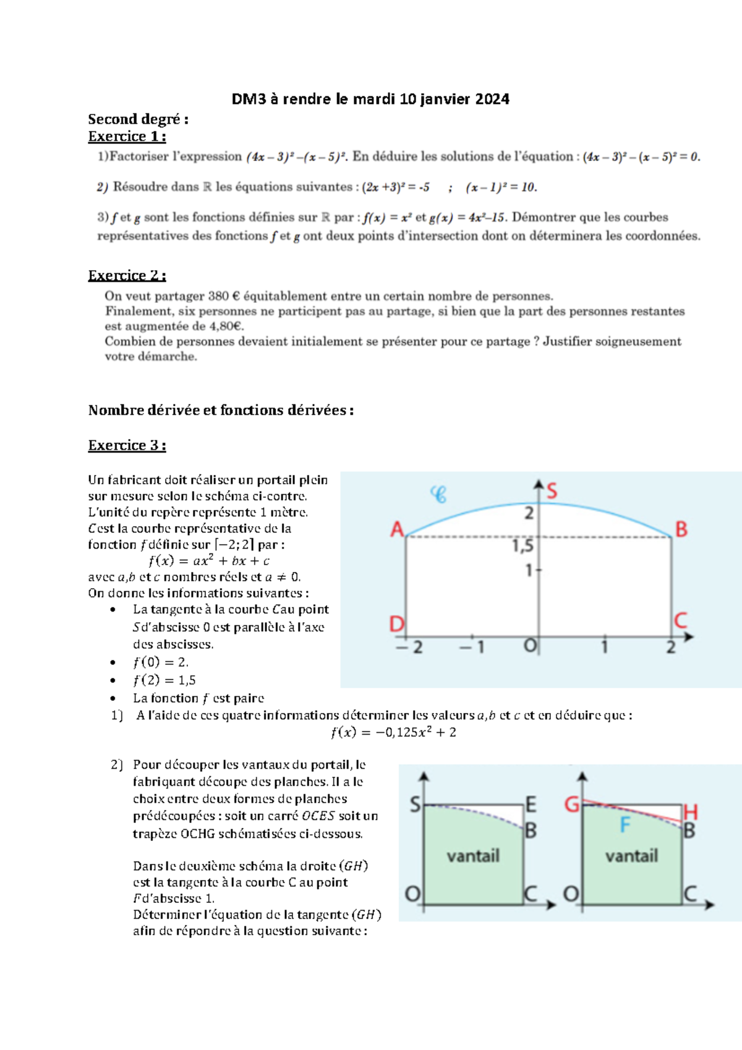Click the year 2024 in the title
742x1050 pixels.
(492, 99)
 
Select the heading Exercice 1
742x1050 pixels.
(127, 137)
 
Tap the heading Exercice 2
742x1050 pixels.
(127, 276)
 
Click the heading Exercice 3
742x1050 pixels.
(127, 446)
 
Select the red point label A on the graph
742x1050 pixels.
(396, 530)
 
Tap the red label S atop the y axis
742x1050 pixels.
(552, 492)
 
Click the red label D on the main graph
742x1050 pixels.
(396, 625)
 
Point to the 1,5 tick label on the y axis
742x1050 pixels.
(523, 546)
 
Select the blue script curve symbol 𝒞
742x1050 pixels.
(438, 495)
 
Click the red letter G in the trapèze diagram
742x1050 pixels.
(572, 805)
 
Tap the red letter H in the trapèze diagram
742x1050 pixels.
(691, 812)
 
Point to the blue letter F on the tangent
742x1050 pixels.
(625, 826)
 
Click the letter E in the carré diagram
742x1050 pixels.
(531, 805)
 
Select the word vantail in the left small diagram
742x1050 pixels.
(473, 856)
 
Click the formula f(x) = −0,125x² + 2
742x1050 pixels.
(393, 733)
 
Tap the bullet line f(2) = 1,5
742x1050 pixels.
(164, 680)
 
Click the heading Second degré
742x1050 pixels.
(138, 119)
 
